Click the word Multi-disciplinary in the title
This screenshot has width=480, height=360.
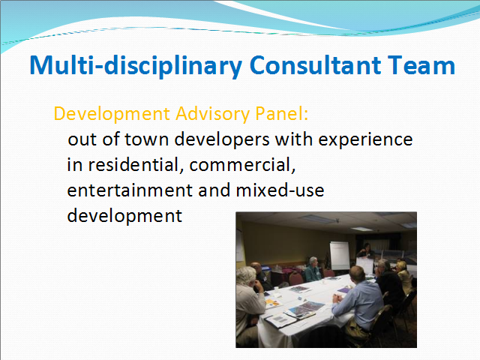tap(136, 66)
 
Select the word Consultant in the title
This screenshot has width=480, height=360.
tap(315, 65)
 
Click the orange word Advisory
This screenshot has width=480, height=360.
tap(212, 114)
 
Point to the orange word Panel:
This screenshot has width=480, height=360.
tap(281, 113)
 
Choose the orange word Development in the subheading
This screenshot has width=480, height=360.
tap(112, 115)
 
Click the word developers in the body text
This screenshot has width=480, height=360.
tap(222, 139)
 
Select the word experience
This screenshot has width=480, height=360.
tap(365, 140)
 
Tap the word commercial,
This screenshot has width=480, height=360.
tap(242, 165)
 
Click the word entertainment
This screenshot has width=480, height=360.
tap(130, 190)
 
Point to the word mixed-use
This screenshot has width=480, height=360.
tap(280, 190)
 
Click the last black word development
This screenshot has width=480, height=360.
tap(124, 216)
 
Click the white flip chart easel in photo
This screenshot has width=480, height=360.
tap(339, 256)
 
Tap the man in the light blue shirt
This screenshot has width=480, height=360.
tap(358, 303)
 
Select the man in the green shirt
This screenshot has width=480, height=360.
tap(313, 270)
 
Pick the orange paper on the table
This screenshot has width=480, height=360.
tap(272, 304)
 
